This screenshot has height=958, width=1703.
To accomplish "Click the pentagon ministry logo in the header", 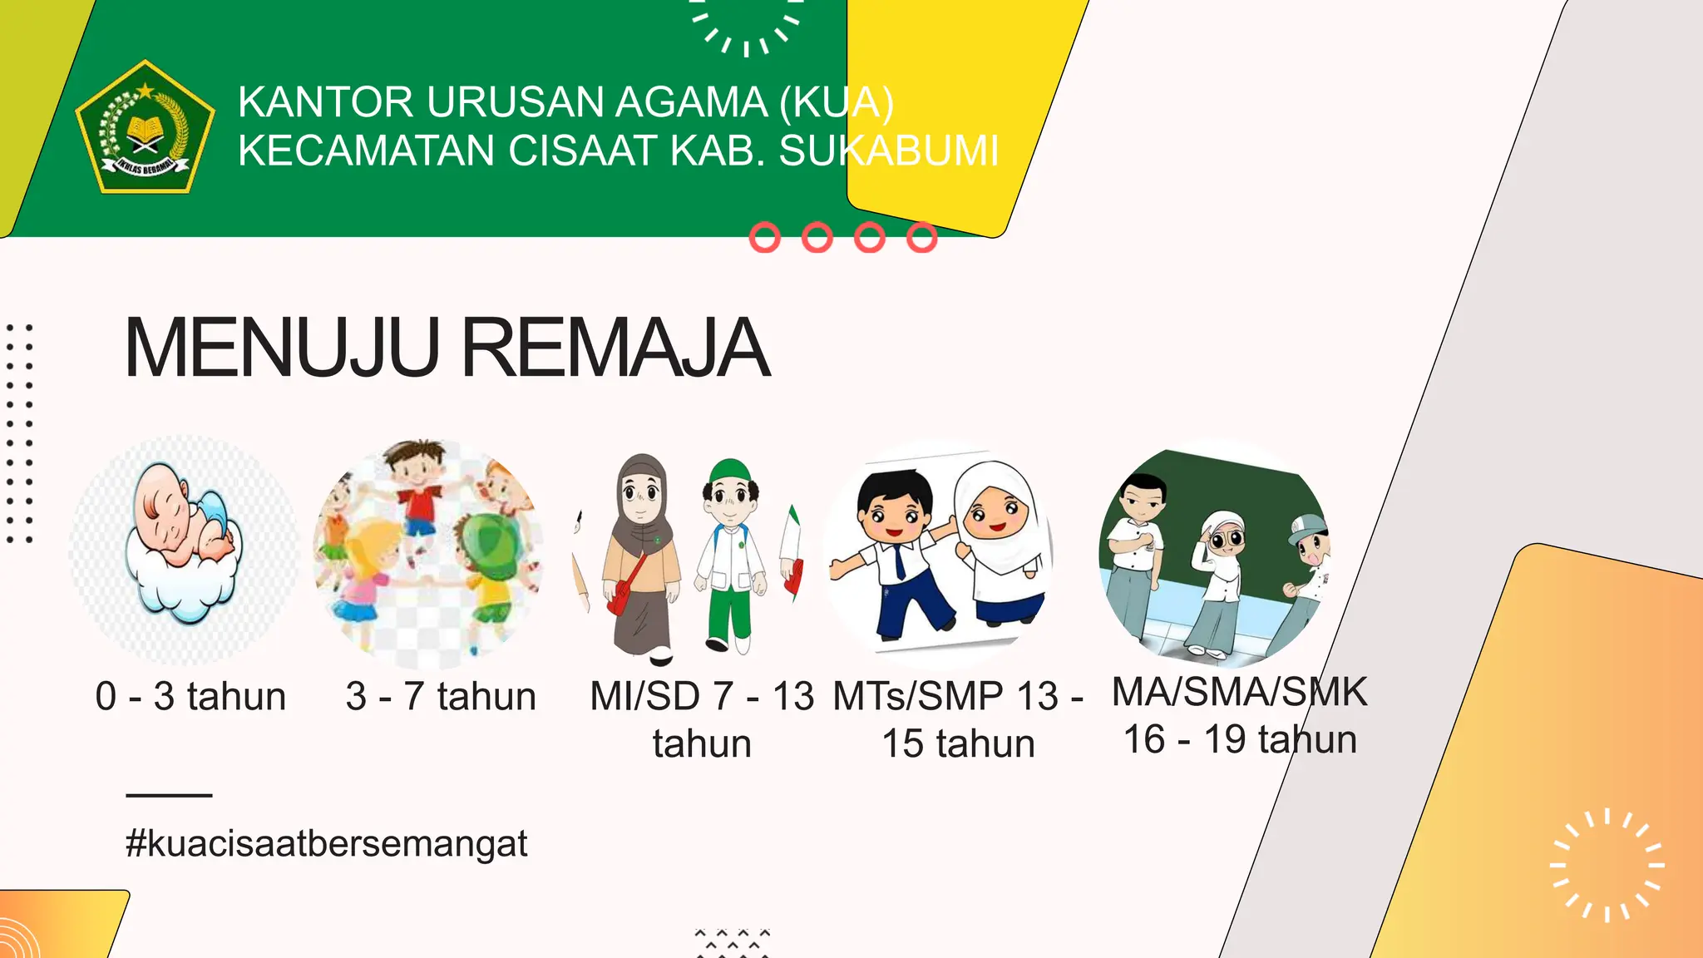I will [x=146, y=126].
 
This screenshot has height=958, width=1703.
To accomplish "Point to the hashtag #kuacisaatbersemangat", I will [x=326, y=843].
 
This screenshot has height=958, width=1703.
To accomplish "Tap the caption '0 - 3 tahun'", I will [x=190, y=696].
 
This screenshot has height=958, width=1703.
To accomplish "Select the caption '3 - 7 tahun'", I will [x=441, y=696].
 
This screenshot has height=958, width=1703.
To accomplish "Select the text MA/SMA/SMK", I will [x=1239, y=692].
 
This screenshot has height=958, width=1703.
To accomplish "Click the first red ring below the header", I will [x=765, y=238].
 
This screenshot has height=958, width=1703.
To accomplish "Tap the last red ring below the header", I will [x=921, y=238].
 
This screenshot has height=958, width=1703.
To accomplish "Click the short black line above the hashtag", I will [x=169, y=795].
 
